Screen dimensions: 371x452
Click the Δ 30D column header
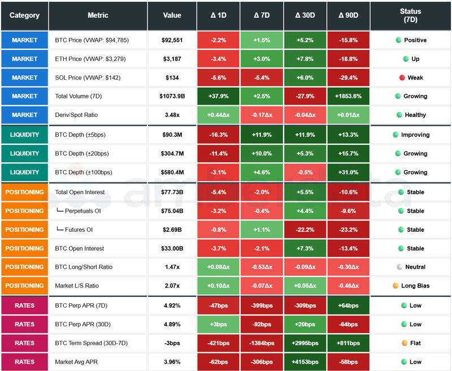(x=305, y=15)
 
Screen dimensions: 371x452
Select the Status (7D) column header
(x=410, y=15)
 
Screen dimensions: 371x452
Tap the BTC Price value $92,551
(x=172, y=40)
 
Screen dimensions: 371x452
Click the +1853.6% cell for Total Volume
(x=349, y=96)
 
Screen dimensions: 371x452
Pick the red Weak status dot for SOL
(x=402, y=77)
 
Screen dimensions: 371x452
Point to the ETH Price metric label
(x=88, y=59)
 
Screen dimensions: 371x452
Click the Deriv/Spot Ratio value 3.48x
(x=172, y=115)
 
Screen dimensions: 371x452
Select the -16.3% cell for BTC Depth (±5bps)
(x=218, y=135)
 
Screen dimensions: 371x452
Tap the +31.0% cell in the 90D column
(x=349, y=172)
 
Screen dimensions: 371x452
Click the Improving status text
(x=415, y=135)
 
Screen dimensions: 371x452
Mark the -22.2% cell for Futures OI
(x=305, y=230)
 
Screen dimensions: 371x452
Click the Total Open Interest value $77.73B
(x=172, y=192)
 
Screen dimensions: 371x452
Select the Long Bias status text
(x=415, y=286)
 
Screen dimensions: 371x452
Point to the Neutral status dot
(x=399, y=267)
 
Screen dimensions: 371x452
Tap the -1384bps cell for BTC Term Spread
(x=262, y=343)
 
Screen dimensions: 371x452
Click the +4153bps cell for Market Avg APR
(x=305, y=361)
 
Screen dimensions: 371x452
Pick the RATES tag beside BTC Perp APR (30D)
(x=24, y=324)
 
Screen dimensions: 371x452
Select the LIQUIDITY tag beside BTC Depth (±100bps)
(x=24, y=172)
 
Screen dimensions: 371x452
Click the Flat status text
(x=415, y=343)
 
